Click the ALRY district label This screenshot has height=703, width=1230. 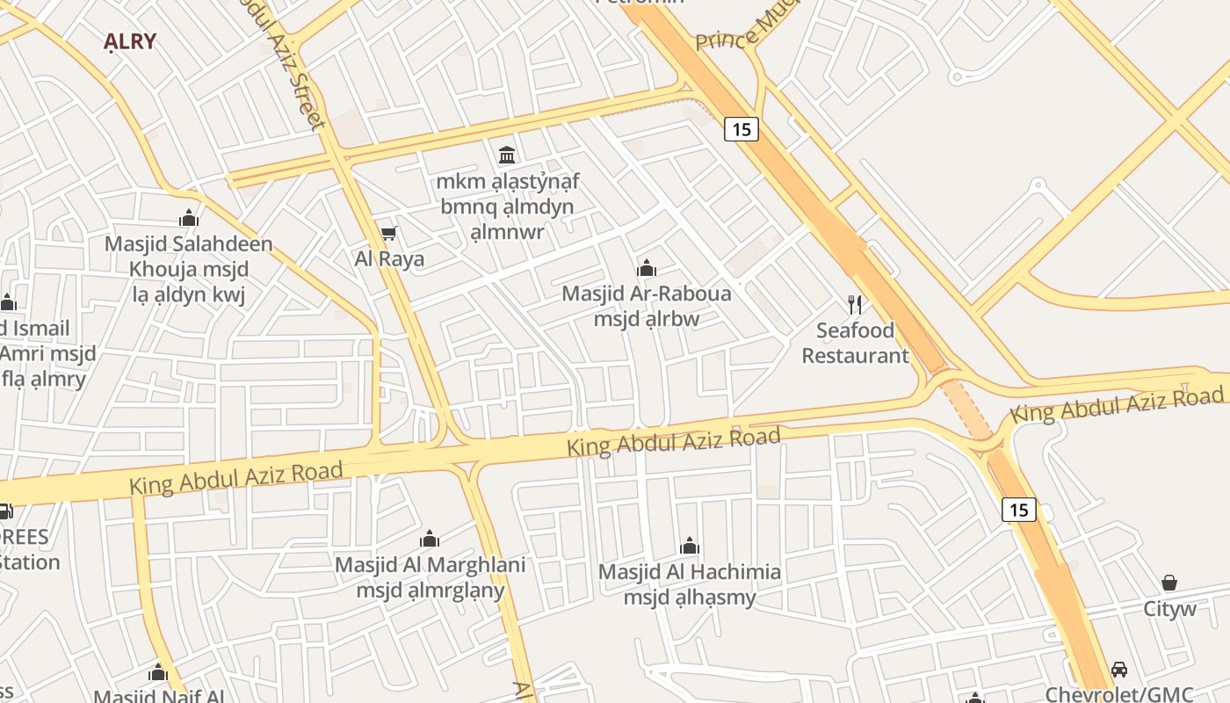pos(129,41)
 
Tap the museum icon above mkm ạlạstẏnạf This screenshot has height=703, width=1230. pos(507,156)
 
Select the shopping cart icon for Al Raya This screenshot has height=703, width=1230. pos(388,234)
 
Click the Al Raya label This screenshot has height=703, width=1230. pos(389,258)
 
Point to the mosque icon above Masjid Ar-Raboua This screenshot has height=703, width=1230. pos(647,267)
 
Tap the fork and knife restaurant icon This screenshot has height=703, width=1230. pos(855,305)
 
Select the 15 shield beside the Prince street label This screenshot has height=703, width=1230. pos(742,129)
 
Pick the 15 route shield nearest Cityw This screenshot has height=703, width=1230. pos(1019,510)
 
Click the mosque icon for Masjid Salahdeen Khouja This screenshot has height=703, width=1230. pos(188,218)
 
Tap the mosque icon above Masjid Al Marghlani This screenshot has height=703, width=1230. pos(430,538)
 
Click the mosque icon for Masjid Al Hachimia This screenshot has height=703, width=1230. pos(690,546)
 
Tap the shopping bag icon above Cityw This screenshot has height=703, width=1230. pos(1169,583)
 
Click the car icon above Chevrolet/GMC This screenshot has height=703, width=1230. pos(1119,670)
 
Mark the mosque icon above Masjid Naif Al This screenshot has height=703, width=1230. pos(158,673)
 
